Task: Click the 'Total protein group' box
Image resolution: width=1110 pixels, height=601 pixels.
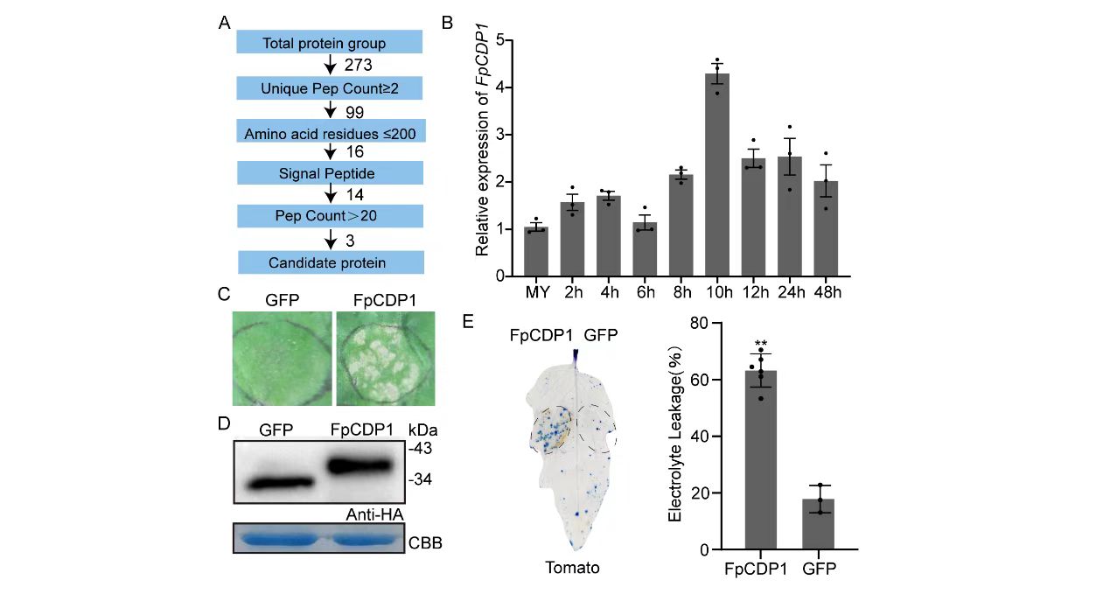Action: tap(330, 43)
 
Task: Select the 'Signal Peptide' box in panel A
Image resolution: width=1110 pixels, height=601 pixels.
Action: tap(330, 174)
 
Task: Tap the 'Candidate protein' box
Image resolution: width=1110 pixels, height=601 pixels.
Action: tap(330, 262)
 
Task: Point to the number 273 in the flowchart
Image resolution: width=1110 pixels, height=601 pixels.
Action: tap(359, 66)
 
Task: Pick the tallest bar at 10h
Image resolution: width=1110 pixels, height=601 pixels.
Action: tap(716, 175)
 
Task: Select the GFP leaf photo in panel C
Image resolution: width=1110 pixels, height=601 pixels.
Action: tap(282, 359)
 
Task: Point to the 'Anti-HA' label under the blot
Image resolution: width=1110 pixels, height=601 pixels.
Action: tap(374, 516)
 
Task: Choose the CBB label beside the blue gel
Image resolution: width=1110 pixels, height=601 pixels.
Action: tap(426, 543)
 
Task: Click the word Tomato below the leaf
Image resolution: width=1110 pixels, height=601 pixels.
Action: tap(572, 568)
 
